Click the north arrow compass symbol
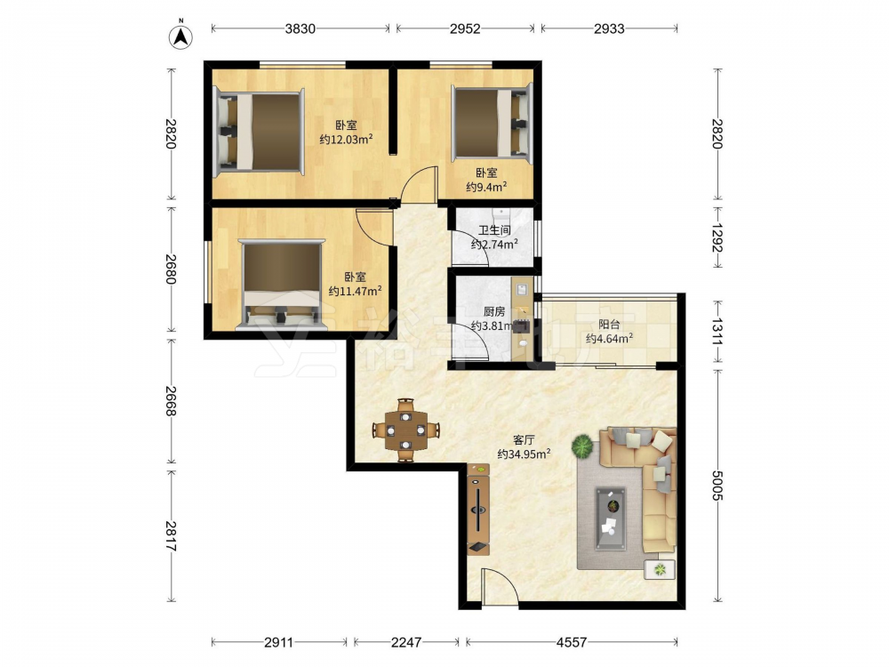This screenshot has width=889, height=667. (x=180, y=36)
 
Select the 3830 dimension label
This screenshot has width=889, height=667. (x=300, y=28)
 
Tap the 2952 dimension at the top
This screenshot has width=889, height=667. (x=465, y=28)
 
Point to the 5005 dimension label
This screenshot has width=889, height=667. (x=717, y=486)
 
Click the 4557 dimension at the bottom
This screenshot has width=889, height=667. (x=571, y=642)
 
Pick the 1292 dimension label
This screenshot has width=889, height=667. (x=717, y=237)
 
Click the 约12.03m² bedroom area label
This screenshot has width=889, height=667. (x=346, y=139)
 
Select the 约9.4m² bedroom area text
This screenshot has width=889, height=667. (x=486, y=187)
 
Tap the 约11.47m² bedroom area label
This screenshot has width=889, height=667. (x=355, y=291)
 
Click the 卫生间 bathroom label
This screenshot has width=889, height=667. (x=493, y=229)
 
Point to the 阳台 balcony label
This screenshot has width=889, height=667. (x=609, y=325)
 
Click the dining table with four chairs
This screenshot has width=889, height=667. (x=406, y=430)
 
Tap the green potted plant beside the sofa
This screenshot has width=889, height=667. (x=582, y=446)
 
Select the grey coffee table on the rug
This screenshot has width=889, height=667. (x=611, y=518)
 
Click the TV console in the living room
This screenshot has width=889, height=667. (x=478, y=509)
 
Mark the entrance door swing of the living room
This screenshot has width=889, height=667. (x=500, y=586)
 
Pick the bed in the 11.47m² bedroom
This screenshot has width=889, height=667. (x=282, y=285)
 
